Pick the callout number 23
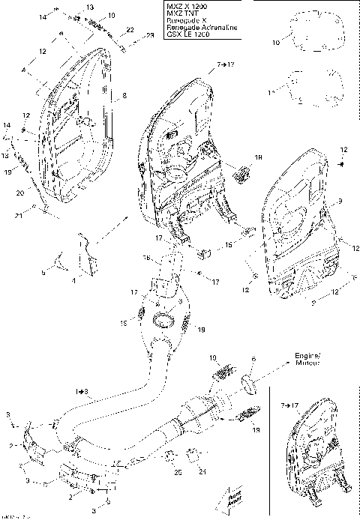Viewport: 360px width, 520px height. [x=149, y=36]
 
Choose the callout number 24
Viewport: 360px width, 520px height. [x=201, y=472]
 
